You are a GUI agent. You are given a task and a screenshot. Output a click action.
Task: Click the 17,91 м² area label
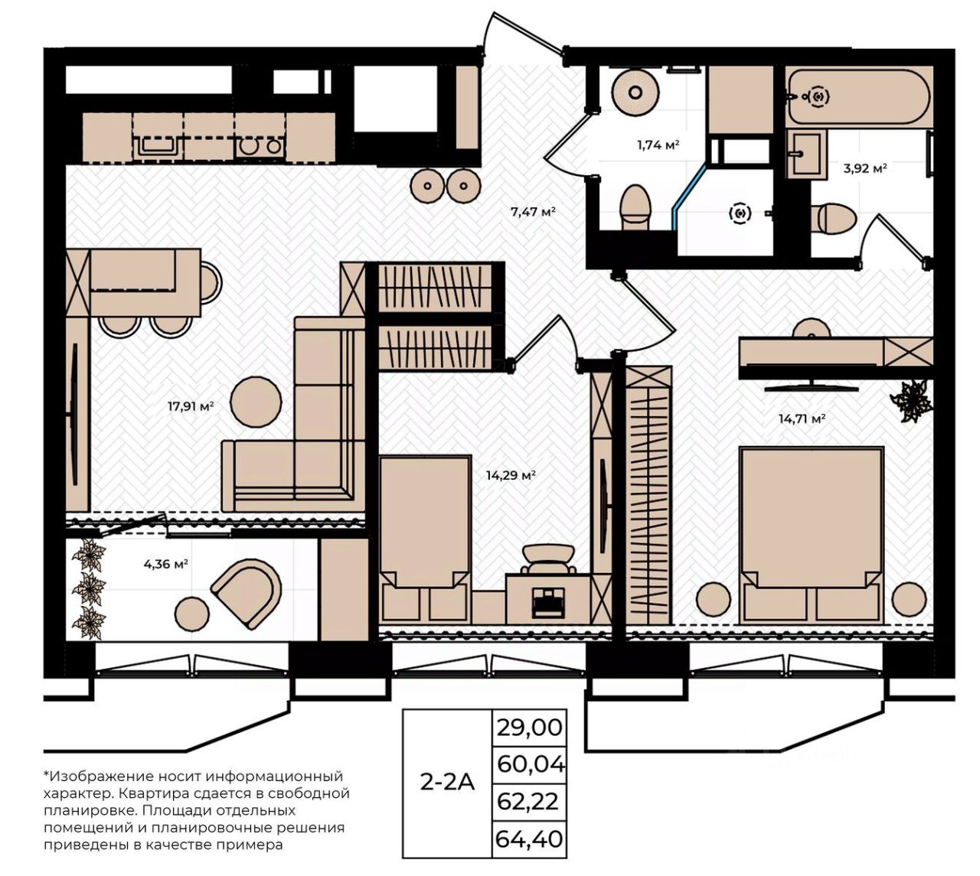coord(191,406)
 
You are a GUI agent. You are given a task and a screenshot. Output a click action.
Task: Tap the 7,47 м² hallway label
coord(533,211)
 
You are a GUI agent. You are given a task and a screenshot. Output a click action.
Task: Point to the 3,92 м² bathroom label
coord(865,168)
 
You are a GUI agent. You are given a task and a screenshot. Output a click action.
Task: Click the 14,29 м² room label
coord(511,475)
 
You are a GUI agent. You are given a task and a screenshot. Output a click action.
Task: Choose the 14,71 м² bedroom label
coord(802,418)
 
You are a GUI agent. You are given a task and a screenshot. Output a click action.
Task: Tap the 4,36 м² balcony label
coord(165,564)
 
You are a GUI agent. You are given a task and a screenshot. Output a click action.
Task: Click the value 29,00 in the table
coord(529,727)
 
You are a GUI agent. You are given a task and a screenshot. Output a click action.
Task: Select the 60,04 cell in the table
coord(530,764)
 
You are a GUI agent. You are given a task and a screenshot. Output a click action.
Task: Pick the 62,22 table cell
coord(528,802)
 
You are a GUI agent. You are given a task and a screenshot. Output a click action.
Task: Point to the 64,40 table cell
coord(529,839)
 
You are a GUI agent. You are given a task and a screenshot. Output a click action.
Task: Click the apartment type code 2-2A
coord(447,783)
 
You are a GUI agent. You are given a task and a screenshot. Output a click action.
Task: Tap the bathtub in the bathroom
coord(858,97)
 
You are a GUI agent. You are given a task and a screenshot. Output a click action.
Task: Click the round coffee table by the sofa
coord(256,402)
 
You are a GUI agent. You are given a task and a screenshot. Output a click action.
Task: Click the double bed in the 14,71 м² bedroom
coord(812,534)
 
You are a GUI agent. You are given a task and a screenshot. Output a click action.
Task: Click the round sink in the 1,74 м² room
coord(635,93)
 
